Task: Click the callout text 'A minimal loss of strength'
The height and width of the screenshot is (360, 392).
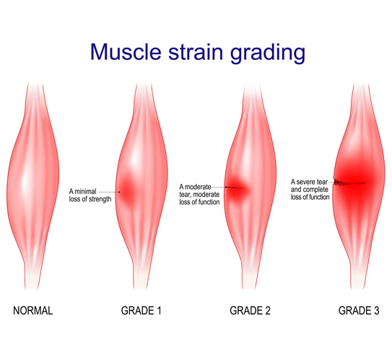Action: (90, 195)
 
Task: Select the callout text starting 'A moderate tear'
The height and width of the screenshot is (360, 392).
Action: (201, 194)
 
